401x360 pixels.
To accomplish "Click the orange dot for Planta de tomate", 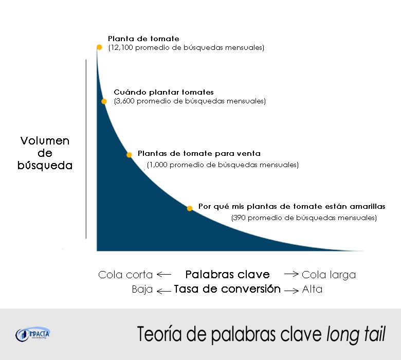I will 99,47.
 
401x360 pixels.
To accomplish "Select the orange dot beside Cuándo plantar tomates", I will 104,101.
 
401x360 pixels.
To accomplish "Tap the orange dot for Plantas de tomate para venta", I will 130,154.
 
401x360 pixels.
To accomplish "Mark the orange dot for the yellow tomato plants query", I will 190,208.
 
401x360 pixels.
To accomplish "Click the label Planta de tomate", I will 143,39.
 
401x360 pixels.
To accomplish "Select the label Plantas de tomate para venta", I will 199,153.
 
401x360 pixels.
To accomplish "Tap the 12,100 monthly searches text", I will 186,48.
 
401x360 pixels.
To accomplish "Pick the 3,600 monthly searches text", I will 190,101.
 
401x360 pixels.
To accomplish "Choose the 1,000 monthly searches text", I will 223,165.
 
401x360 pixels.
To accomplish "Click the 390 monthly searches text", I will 304,218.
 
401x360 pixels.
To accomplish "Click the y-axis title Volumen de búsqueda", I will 45,153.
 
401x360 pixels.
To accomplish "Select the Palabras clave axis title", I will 227,274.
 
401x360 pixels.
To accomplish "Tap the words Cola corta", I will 125,275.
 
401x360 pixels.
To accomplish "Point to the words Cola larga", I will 329,275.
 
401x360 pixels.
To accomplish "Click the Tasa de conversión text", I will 227,289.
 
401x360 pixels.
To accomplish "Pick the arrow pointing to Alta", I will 291,290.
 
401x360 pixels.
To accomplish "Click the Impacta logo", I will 33,334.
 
